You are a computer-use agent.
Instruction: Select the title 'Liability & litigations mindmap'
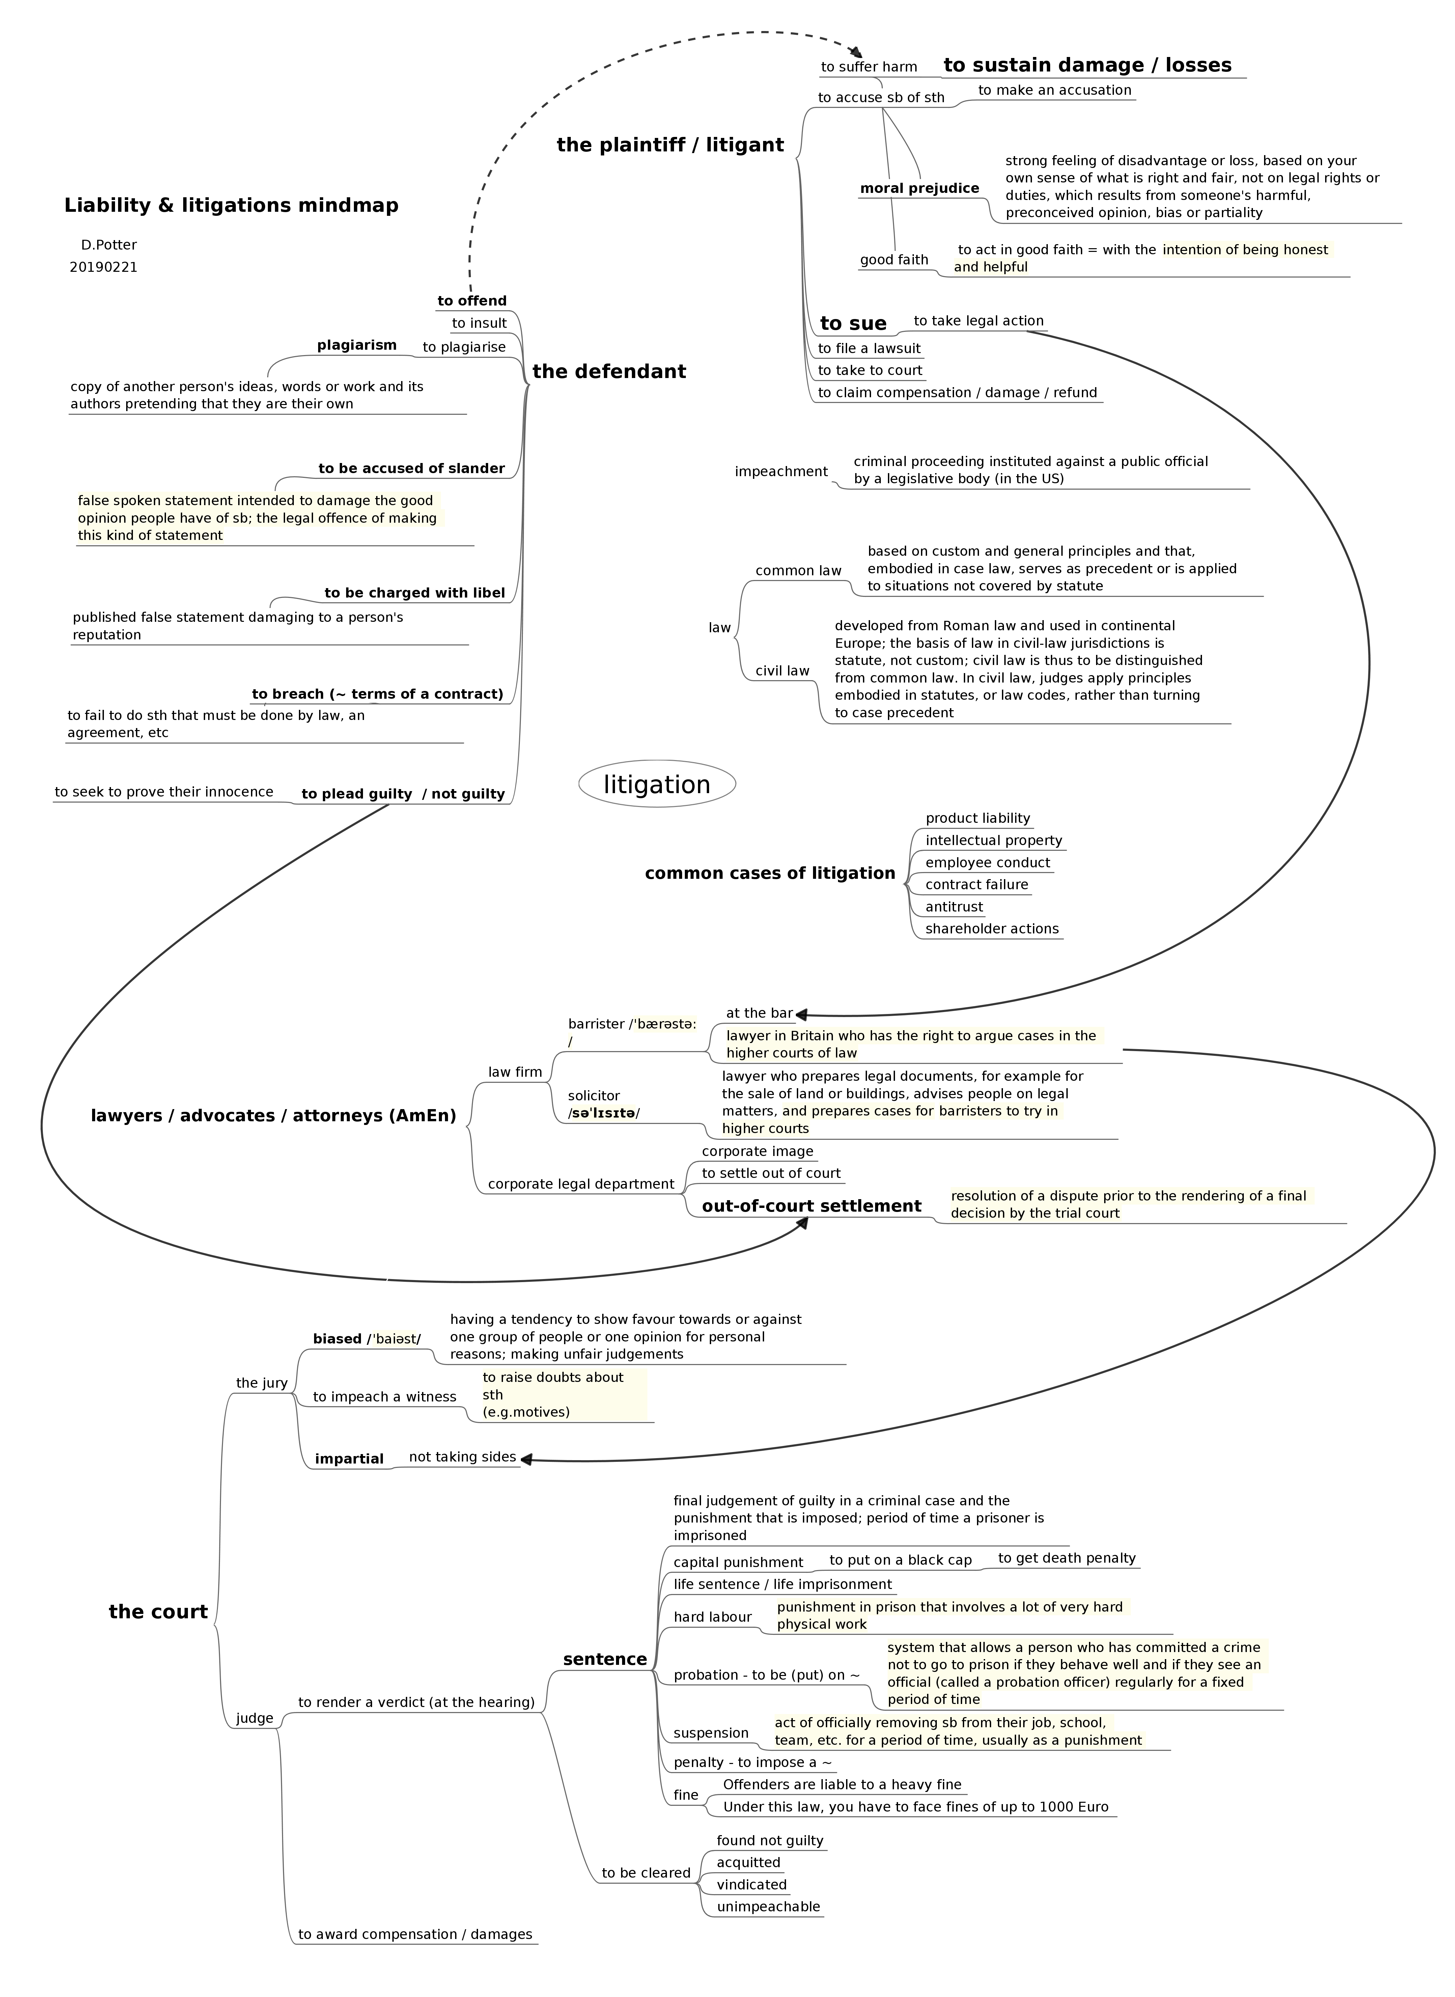[231, 205]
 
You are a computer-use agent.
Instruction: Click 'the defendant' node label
[609, 372]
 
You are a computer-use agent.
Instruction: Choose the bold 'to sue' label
[852, 323]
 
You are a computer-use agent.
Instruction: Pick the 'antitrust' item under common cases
[954, 907]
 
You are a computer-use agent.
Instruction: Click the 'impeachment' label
[781, 472]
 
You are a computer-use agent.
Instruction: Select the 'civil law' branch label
[782, 671]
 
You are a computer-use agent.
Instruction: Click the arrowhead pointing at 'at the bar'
[802, 1015]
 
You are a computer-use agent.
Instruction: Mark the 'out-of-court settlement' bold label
[811, 1206]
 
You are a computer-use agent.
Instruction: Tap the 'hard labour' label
[712, 1617]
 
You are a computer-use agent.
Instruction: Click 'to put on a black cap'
[900, 1560]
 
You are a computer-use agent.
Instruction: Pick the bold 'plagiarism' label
[357, 345]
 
